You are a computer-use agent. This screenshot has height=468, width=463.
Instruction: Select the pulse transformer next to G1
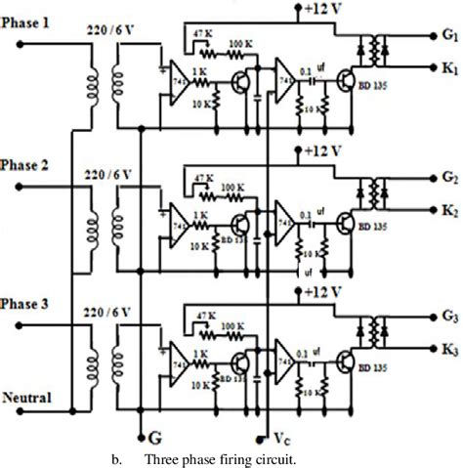pos(375,50)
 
